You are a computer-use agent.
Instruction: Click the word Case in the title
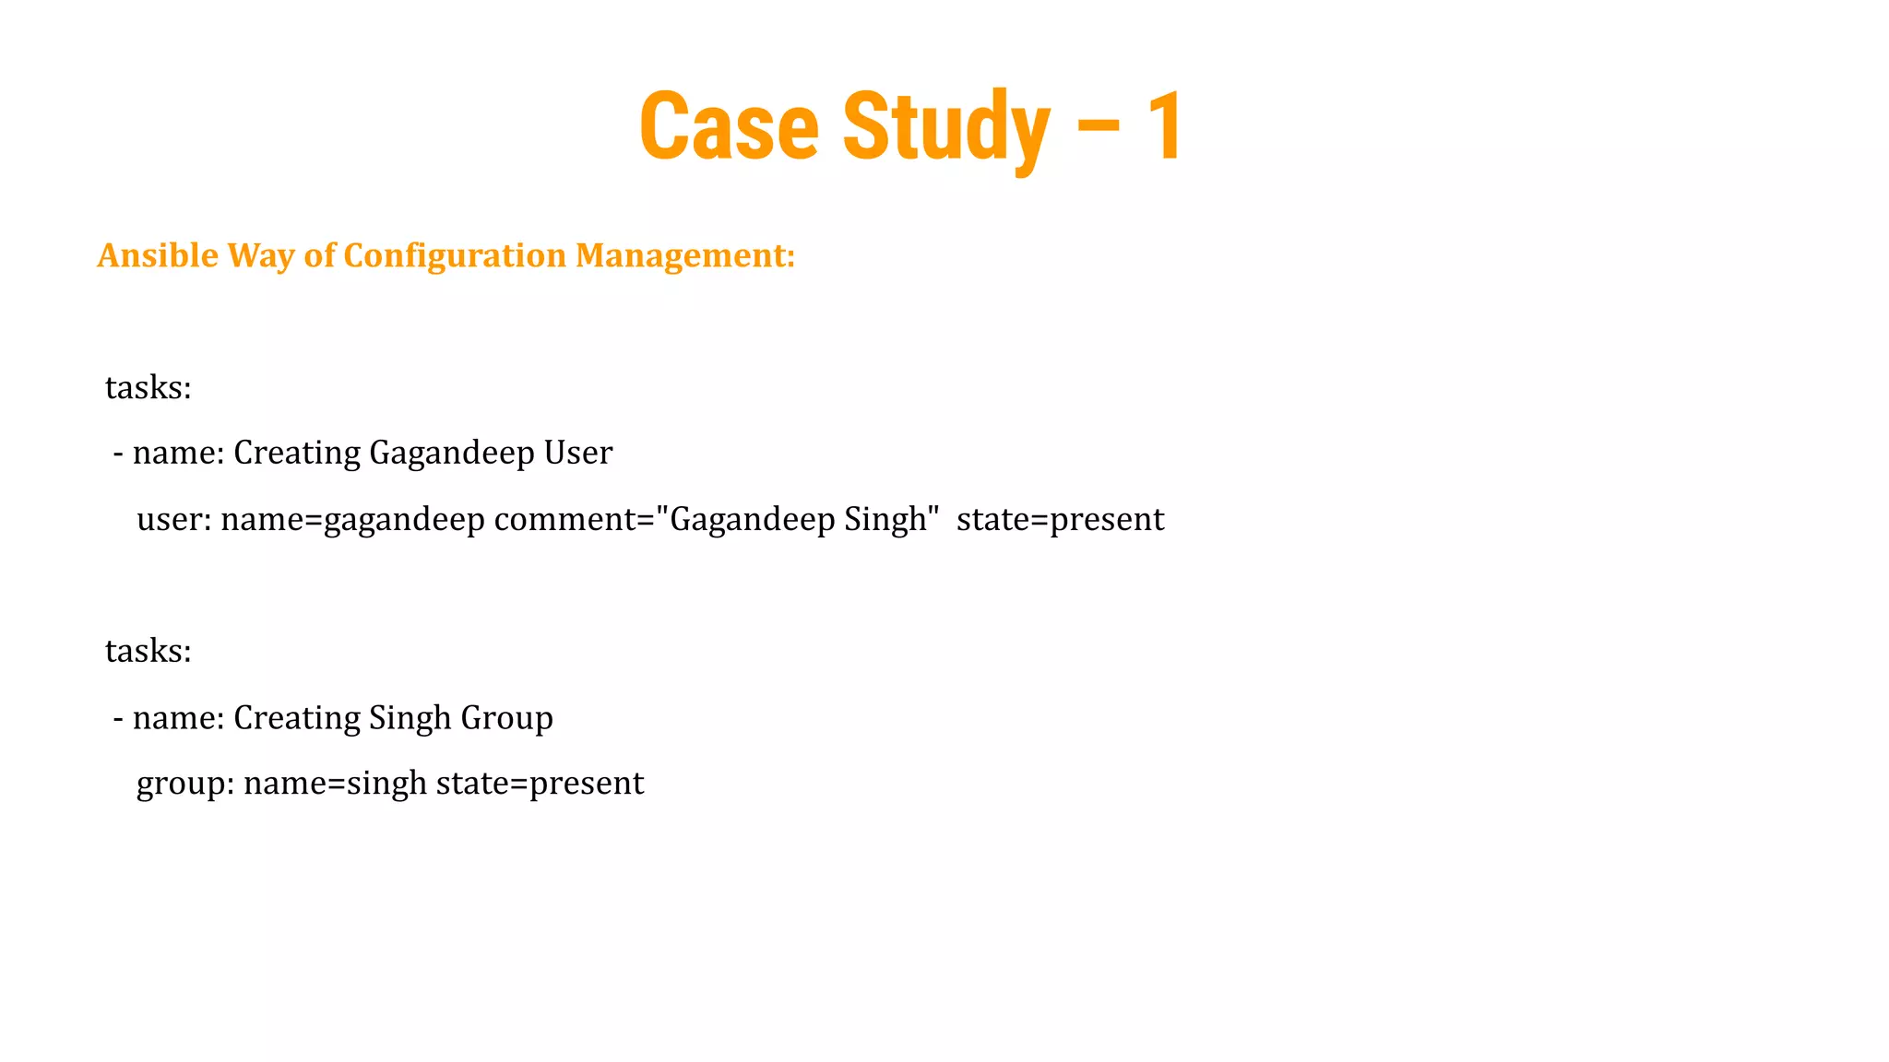tap(729, 126)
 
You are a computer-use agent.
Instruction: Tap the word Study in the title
tap(945, 126)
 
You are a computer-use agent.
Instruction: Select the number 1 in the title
tap(1164, 126)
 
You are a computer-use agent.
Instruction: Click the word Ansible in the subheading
tap(158, 255)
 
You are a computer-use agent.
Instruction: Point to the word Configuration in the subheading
tap(454, 255)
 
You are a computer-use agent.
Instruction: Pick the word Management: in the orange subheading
tap(684, 255)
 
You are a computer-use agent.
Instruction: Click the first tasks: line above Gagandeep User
tap(148, 387)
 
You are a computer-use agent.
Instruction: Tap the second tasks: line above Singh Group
tap(148, 651)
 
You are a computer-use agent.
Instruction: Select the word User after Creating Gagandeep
tap(577, 453)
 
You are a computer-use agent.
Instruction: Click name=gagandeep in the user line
tap(352, 519)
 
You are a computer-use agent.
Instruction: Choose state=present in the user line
tap(1060, 519)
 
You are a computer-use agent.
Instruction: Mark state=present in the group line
tap(540, 784)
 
